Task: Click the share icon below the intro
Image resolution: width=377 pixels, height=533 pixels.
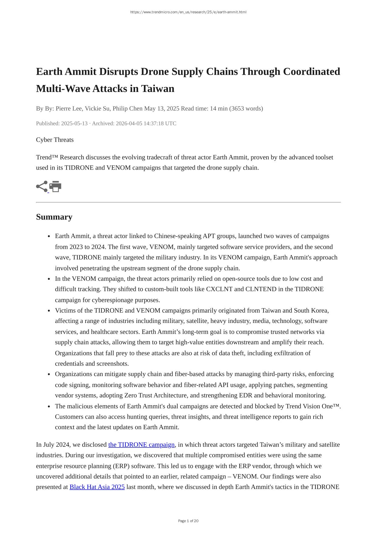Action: [42, 186]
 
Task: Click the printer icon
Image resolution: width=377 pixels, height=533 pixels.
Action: [55, 186]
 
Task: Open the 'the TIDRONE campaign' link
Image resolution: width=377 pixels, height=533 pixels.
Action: [141, 445]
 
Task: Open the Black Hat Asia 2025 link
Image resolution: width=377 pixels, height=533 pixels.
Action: [97, 487]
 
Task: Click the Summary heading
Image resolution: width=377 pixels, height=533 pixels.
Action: [54, 217]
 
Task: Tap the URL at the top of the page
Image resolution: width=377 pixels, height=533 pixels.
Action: [188, 12]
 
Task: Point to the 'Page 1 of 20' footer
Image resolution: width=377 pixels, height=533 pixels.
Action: [188, 521]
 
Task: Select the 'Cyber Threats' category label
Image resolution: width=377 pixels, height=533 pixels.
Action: [55, 140]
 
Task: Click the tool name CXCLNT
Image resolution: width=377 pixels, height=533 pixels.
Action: [219, 289]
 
